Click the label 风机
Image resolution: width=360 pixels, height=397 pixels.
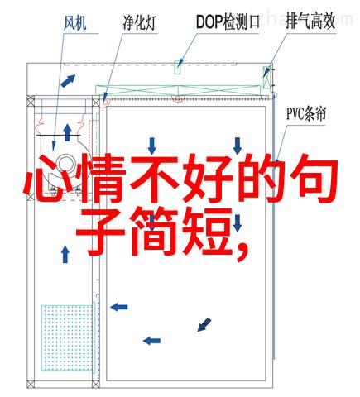click(75, 22)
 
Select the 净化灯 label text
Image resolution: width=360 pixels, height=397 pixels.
click(140, 22)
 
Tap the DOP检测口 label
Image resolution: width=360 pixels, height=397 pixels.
click(228, 22)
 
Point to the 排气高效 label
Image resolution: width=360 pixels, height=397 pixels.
click(310, 22)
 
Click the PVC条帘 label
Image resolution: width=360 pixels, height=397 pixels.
click(306, 114)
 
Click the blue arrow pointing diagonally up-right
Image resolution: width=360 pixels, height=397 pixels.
click(68, 81)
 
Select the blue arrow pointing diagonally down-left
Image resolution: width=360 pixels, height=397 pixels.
click(204, 324)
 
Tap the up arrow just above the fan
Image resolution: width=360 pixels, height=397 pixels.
click(67, 132)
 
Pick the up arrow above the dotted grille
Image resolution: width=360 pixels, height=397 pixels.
click(65, 254)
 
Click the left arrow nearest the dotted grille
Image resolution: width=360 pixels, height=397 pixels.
click(119, 307)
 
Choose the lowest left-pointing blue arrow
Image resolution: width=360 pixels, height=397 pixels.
click(151, 341)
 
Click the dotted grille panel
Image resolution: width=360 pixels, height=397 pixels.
click(67, 337)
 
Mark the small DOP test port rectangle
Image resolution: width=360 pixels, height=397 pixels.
click(177, 67)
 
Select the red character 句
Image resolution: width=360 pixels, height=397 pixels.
click(313, 179)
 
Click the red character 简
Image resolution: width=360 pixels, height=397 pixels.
click(155, 232)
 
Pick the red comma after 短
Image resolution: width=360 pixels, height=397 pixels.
click(242, 251)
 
